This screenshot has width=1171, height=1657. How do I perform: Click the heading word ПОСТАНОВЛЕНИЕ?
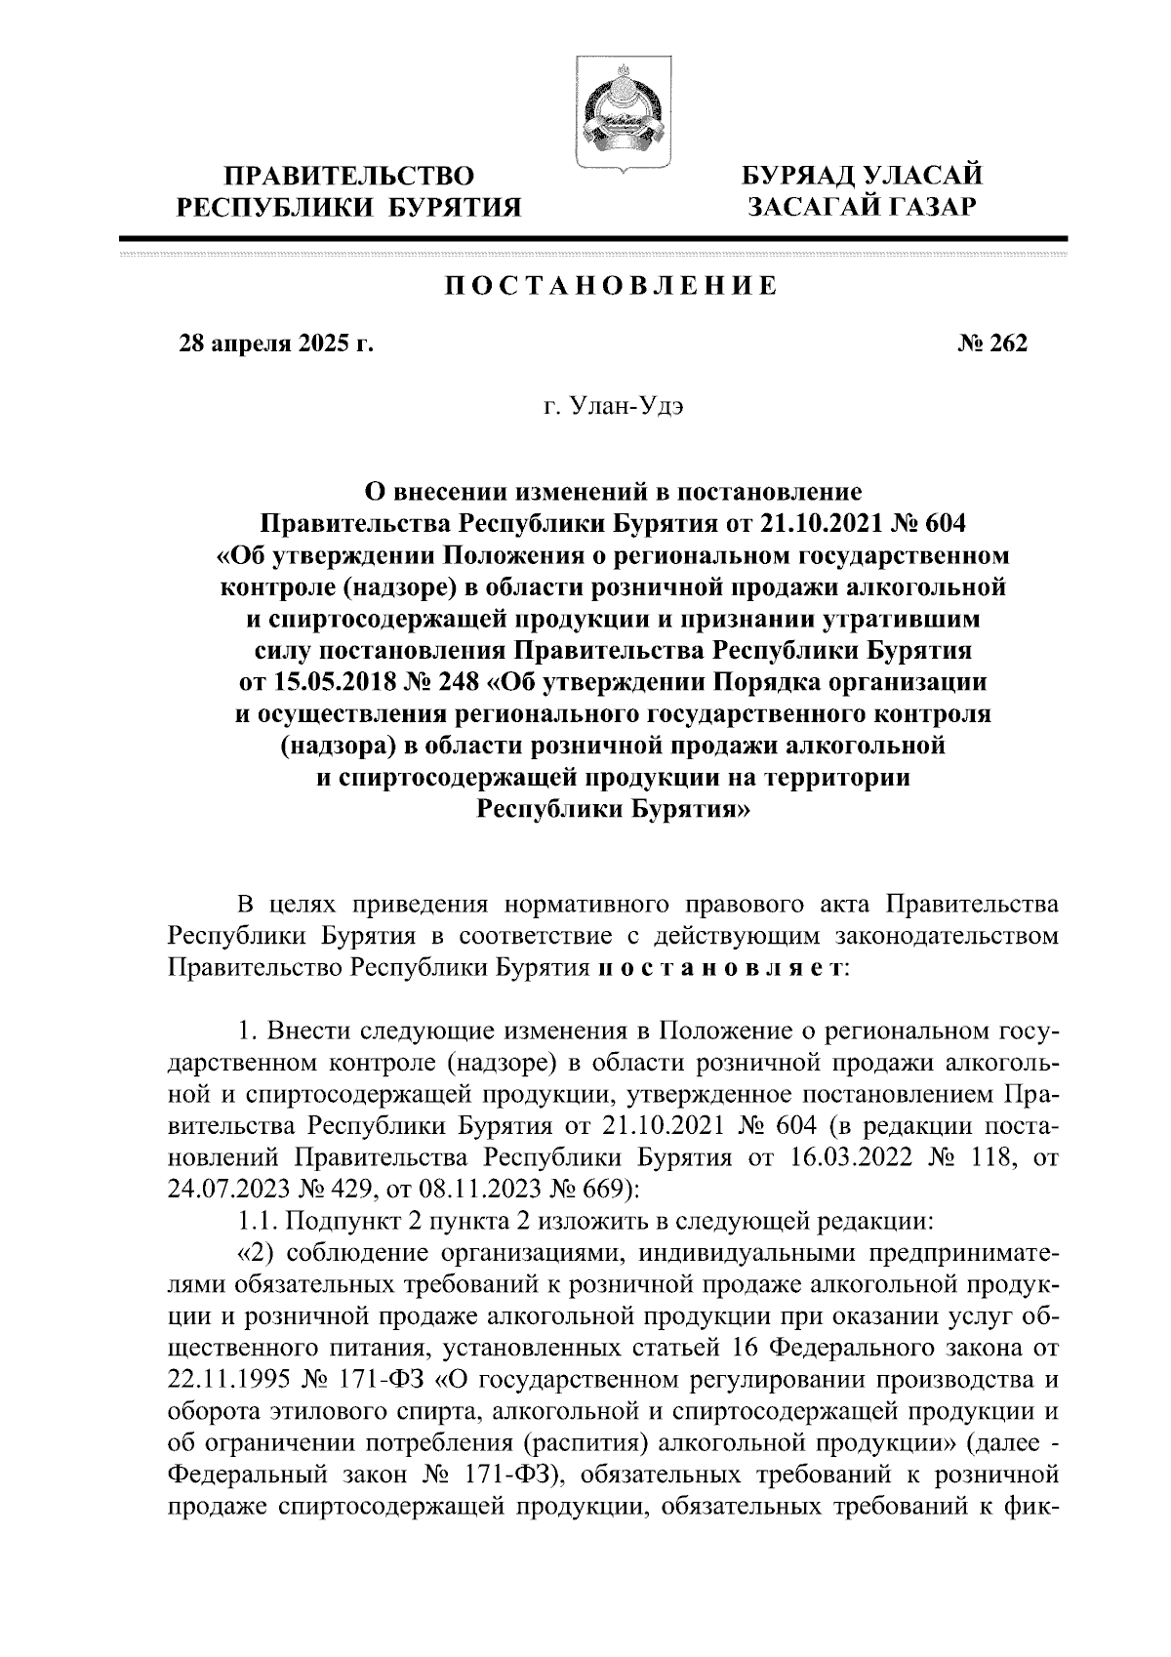click(x=611, y=286)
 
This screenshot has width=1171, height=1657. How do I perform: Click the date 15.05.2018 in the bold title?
click(x=335, y=682)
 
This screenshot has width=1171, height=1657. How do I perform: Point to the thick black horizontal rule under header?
click(x=593, y=238)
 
